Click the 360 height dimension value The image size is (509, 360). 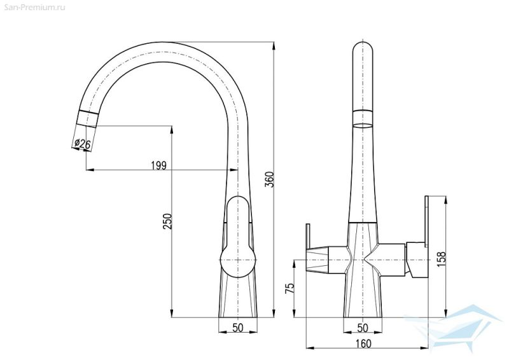(270, 179)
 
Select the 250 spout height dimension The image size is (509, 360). (167, 221)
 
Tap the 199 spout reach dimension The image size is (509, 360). (158, 165)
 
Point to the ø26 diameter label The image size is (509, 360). (83, 143)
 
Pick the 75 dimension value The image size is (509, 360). (289, 288)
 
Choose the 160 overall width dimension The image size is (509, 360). (364, 343)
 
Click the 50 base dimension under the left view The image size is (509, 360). (238, 328)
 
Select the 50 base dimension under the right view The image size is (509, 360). (363, 328)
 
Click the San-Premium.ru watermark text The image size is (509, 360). (33, 7)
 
